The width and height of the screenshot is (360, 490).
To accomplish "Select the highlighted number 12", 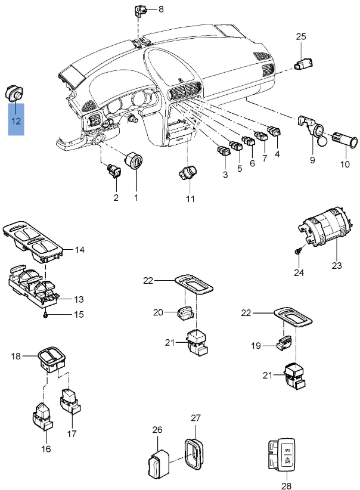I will pyautogui.click(x=15, y=121).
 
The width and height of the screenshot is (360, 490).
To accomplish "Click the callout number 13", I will pyautogui.click(x=79, y=299).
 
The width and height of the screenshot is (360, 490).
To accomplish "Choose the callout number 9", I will pyautogui.click(x=312, y=160).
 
